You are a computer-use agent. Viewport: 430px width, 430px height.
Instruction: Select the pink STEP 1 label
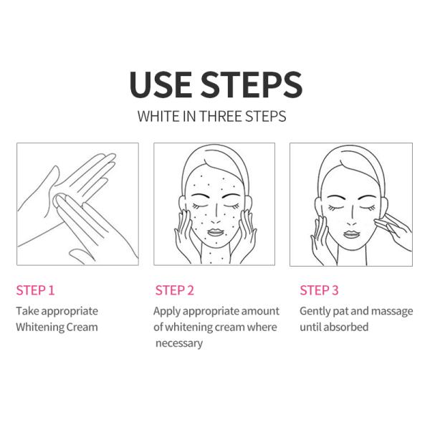(35, 290)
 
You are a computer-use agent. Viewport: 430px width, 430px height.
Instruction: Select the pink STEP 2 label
(175, 290)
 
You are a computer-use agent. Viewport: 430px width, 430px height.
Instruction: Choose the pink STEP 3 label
(319, 290)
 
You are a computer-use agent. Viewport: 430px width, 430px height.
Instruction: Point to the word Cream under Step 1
(82, 328)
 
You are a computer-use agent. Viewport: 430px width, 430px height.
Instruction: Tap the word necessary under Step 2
(179, 343)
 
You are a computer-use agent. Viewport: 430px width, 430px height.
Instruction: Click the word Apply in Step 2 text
(167, 312)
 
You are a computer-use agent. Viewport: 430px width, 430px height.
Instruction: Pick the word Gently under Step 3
(315, 312)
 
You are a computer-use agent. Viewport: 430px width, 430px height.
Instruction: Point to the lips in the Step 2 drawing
(216, 232)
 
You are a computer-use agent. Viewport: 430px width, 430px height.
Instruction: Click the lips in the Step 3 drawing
(352, 234)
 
